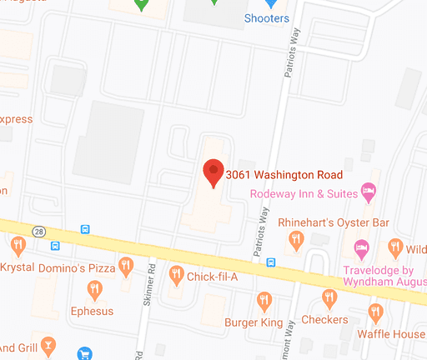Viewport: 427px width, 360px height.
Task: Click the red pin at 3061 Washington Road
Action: point(213,171)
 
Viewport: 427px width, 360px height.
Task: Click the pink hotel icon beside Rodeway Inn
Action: point(366,193)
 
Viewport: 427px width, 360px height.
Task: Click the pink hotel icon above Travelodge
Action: point(362,247)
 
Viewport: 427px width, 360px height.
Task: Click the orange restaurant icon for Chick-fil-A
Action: point(176,273)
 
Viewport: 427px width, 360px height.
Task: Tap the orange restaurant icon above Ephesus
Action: point(94,289)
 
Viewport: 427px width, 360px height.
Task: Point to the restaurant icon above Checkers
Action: point(329,298)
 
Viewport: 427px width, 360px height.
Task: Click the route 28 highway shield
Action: point(38,230)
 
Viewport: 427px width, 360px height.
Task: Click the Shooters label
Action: point(266,18)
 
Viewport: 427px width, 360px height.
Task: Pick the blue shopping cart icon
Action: point(83,353)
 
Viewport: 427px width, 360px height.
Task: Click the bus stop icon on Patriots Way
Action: point(271,262)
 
